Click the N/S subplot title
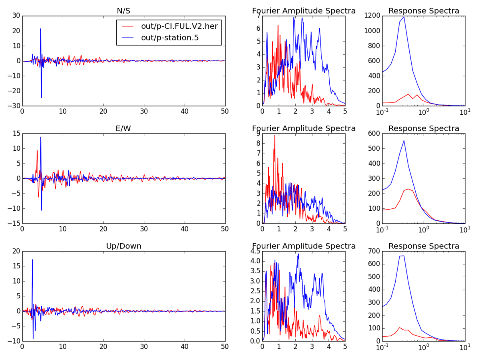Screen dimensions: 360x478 coord(123,11)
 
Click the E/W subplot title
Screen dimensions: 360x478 coord(123,128)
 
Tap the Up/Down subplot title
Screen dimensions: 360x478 coord(123,246)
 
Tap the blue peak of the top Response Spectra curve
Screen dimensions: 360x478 coord(404,16)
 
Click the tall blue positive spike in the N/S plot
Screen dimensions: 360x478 coord(40,29)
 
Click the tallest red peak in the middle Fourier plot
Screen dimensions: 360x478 coord(275,136)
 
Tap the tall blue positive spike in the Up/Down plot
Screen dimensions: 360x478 coord(32,260)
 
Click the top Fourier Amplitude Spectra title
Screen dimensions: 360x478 coord(304,11)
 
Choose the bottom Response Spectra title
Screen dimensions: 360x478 coord(424,246)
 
